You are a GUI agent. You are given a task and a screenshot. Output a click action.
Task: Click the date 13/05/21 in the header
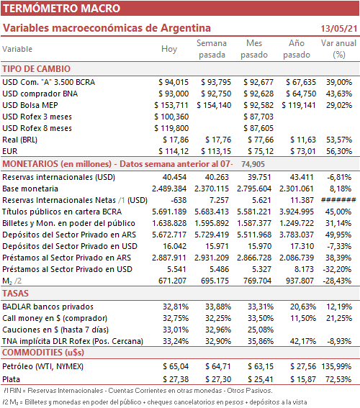[339, 28]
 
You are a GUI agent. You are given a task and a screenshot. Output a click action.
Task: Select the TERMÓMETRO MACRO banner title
[61, 9]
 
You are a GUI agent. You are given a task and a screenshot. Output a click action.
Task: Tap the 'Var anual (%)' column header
[338, 49]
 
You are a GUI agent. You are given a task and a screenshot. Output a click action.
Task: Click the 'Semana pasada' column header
[212, 49]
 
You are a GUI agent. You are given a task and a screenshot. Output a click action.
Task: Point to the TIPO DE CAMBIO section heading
[37, 68]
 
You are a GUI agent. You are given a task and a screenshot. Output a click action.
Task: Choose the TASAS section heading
[15, 294]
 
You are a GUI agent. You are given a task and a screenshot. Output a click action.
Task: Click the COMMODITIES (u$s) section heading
[43, 353]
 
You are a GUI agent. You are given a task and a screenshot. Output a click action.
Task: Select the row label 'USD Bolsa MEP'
[30, 105]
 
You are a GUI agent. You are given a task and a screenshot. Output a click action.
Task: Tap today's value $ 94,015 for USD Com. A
[174, 82]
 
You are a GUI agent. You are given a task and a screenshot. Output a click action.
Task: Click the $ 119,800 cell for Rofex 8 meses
[171, 128]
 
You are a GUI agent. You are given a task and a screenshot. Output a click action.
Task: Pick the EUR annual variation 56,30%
[339, 151]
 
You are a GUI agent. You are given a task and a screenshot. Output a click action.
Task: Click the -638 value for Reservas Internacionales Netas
[179, 200]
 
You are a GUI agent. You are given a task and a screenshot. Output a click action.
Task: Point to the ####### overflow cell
[338, 200]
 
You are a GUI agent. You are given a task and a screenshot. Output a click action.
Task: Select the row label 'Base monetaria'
[30, 189]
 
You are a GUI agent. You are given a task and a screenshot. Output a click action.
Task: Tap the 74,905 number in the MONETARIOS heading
[253, 164]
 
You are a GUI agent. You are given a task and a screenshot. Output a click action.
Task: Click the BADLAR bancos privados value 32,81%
[176, 307]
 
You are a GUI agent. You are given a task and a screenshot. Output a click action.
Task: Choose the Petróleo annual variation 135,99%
[336, 366]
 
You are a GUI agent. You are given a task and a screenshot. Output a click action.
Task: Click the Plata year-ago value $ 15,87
[303, 379]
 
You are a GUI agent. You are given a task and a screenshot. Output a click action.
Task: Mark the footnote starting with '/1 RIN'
[138, 391]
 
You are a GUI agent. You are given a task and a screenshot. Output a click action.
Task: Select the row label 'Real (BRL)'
[19, 140]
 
